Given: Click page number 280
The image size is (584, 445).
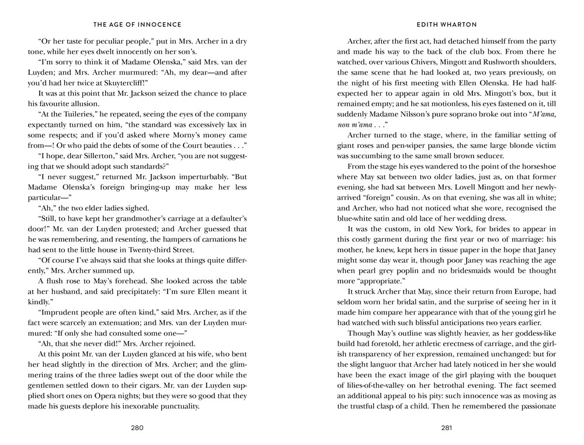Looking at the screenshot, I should pos(137,427).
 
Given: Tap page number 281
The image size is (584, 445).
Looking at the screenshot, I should pos(447,427).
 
